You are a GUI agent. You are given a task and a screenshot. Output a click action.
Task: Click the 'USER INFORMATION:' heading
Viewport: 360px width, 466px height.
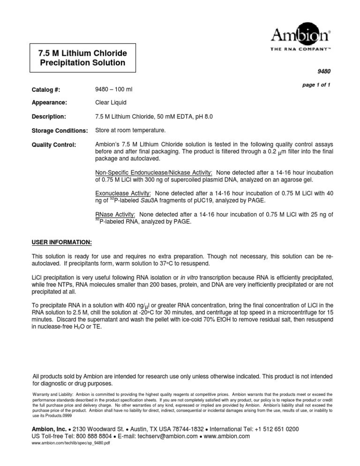61,242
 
